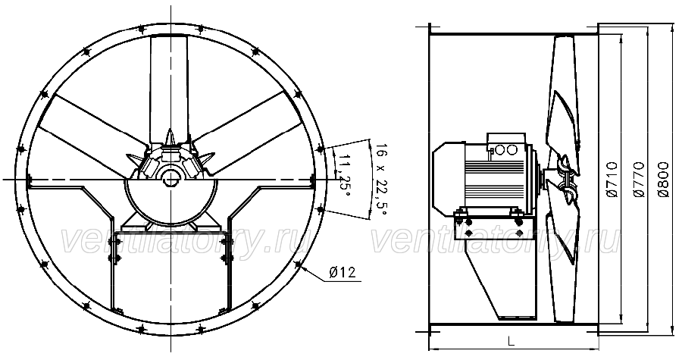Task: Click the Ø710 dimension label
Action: click(x=612, y=179)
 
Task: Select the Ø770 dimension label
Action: click(x=638, y=179)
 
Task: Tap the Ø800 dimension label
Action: click(x=663, y=179)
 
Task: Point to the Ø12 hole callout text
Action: click(x=343, y=273)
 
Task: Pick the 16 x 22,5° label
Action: click(x=380, y=180)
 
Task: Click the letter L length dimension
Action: click(x=511, y=341)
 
